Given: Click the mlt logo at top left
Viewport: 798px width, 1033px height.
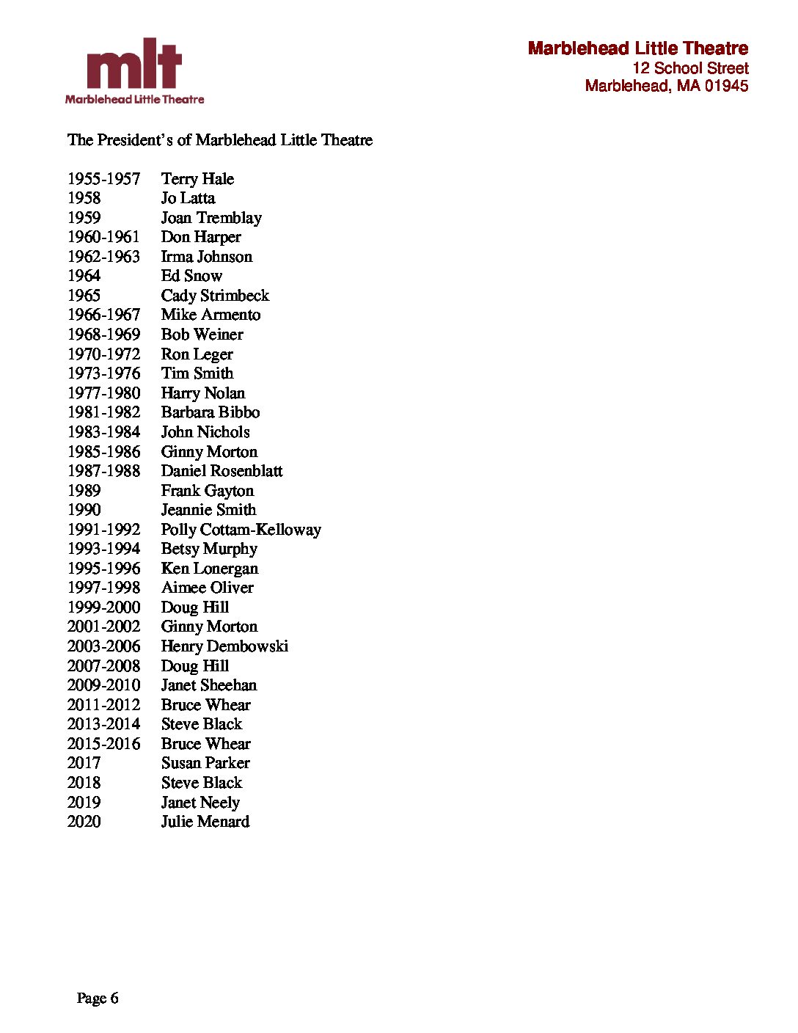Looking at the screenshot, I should (x=134, y=71).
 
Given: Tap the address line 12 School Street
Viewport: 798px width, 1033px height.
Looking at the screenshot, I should (x=690, y=68).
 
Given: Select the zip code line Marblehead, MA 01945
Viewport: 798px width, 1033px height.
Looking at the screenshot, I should (x=666, y=86).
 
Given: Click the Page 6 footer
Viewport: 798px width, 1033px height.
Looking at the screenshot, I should (x=97, y=998).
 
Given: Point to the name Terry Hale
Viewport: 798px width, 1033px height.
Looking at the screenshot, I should (x=197, y=179).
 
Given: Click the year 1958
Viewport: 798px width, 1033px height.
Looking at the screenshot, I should (x=84, y=198).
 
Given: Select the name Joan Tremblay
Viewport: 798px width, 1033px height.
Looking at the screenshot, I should (x=211, y=218).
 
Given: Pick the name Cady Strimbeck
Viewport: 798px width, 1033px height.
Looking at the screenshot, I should (x=215, y=296).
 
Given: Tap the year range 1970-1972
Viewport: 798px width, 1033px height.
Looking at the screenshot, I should (x=103, y=354).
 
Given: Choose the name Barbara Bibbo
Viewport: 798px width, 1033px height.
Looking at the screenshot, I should (x=211, y=412).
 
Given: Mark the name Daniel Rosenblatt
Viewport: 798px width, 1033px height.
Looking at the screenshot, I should (x=222, y=471).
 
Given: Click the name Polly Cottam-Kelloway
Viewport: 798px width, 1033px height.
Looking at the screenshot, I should (x=241, y=530).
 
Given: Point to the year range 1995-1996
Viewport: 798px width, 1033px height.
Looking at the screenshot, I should (x=103, y=569).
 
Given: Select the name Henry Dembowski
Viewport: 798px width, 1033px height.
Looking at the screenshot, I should (x=224, y=646).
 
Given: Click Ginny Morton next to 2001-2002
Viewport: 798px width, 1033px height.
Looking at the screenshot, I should (x=209, y=627).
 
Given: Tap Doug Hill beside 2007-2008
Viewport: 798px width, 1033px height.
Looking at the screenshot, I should (x=194, y=666).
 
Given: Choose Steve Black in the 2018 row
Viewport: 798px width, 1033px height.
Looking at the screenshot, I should (x=201, y=783).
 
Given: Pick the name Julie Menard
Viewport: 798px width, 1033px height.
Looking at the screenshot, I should (x=205, y=822).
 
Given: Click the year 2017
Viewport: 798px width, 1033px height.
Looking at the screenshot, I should (x=84, y=763).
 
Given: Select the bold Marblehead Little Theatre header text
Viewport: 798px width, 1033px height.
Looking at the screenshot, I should (x=637, y=48).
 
